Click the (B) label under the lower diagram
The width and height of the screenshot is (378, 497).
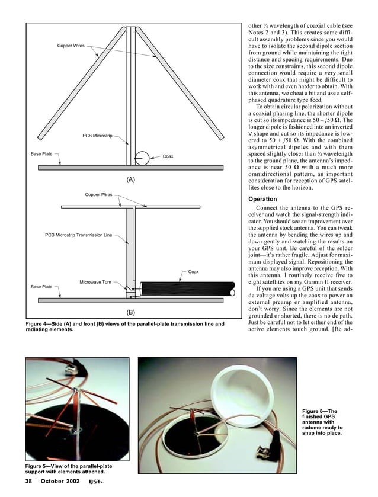coord(130,311)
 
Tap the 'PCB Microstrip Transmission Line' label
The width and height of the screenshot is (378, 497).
coord(78,235)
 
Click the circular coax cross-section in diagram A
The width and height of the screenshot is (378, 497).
coord(142,158)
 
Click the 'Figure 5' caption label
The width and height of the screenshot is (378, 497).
coord(41,466)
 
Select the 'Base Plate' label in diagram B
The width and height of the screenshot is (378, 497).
coord(41,287)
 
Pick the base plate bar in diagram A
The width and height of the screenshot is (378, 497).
coord(130,168)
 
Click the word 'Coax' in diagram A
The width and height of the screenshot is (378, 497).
coord(168,156)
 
